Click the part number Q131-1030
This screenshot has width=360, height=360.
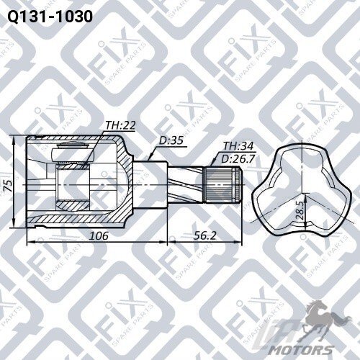coord(50,17)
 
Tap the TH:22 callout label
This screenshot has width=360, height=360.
coord(121,125)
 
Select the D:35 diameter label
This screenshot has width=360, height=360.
coord(171,140)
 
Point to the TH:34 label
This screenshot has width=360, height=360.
coord(238,146)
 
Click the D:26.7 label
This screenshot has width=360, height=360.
coord(238,159)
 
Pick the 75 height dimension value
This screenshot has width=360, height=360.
coord(9,185)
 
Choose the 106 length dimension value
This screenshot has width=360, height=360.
coord(99,235)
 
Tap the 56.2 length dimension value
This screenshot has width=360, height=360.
coord(204,235)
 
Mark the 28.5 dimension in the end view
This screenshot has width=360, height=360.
coord(300,210)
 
